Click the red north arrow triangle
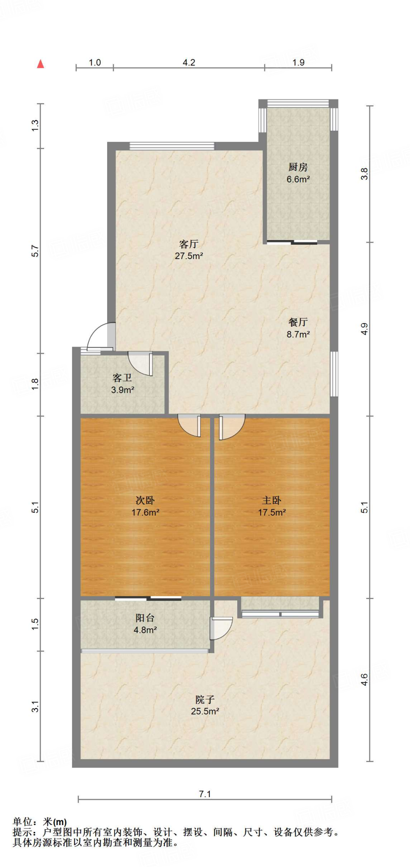click(41, 64)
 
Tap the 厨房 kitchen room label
click(298, 167)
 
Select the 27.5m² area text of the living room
click(189, 256)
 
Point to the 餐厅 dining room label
click(298, 322)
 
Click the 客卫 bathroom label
click(122, 378)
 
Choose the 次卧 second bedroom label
click(145, 500)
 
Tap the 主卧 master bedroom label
click(271, 500)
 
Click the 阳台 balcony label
click(145, 618)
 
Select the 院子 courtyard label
click(205, 700)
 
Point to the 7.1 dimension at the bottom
click(205, 794)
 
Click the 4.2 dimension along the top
click(189, 63)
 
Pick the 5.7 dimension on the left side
click(35, 251)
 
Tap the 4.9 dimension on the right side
click(364, 329)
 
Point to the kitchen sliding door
click(292, 243)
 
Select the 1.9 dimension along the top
click(298, 63)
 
